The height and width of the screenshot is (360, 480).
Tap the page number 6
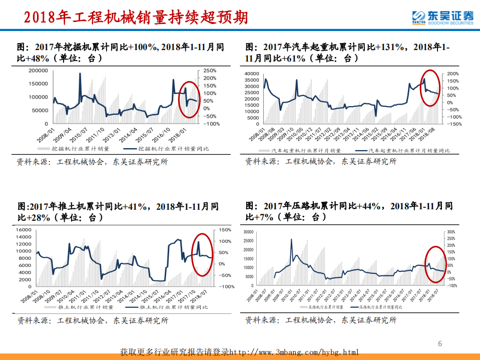pyautogui.click(x=440, y=343)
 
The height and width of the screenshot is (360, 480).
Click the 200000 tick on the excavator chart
pyautogui.click(x=39, y=70)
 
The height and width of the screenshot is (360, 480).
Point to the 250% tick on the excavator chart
pyautogui.click(x=210, y=71)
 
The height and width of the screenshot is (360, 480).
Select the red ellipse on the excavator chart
pyautogui.click(x=189, y=99)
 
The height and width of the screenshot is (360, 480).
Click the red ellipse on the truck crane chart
pyautogui.click(x=430, y=88)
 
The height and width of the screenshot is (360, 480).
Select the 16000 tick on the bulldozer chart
pyautogui.click(x=24, y=230)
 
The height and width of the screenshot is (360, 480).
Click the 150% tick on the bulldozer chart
pyautogui.click(x=224, y=230)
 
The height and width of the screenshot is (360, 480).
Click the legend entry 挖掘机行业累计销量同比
pyautogui.click(x=173, y=149)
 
